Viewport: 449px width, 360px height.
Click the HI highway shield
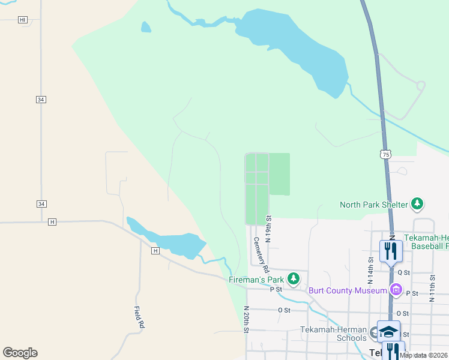click(23, 20)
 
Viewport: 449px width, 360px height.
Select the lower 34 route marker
click(41, 204)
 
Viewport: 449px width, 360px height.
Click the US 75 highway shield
click(385, 154)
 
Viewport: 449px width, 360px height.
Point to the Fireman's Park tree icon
click(293, 278)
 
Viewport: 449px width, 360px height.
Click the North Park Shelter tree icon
click(417, 205)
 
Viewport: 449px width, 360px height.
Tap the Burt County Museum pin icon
click(396, 290)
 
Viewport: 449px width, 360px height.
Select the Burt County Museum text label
click(348, 291)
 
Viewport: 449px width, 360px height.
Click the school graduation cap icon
click(388, 332)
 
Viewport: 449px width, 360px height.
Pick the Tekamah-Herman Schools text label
click(333, 334)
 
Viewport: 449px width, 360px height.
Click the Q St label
click(403, 272)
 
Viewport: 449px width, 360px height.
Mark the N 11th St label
click(432, 287)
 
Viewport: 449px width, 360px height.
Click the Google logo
click(20, 353)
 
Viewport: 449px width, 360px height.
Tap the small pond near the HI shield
click(146, 27)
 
